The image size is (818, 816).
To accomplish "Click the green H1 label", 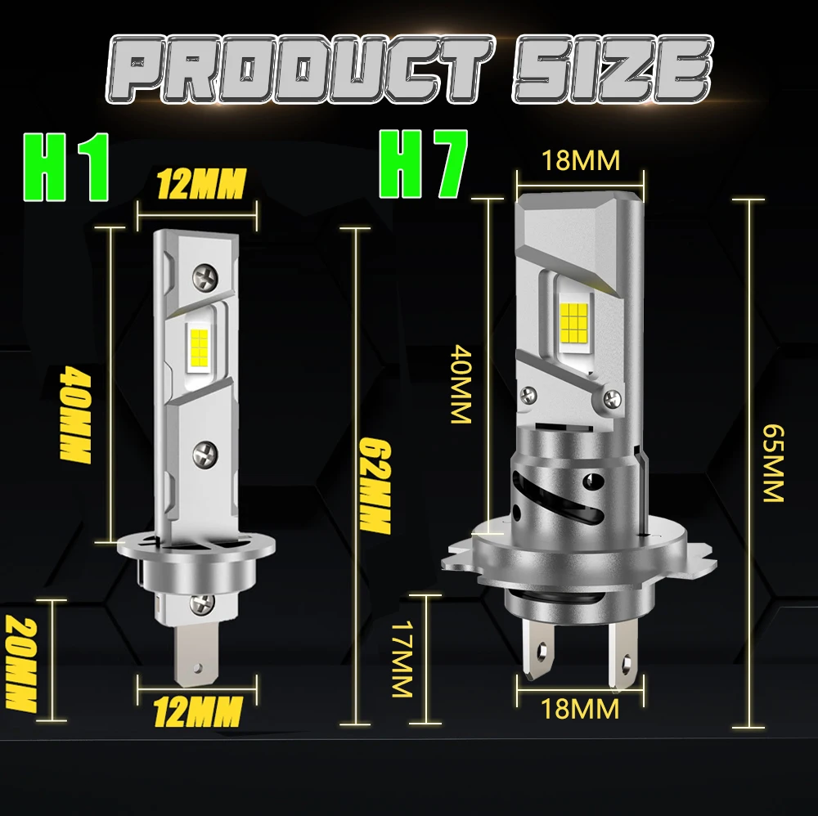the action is [x=66, y=168].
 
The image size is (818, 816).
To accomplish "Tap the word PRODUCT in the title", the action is [x=299, y=69].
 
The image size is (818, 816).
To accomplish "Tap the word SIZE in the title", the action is [x=613, y=69].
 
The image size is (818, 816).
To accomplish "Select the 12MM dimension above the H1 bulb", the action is [x=201, y=183].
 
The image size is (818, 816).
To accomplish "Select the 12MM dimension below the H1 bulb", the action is [x=198, y=711].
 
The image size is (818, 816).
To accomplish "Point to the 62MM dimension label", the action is [x=375, y=486].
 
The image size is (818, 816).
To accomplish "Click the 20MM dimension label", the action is [x=21, y=664].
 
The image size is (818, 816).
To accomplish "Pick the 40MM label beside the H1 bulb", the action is [x=75, y=415].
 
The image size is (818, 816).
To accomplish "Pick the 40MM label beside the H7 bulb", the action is [x=461, y=383].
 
